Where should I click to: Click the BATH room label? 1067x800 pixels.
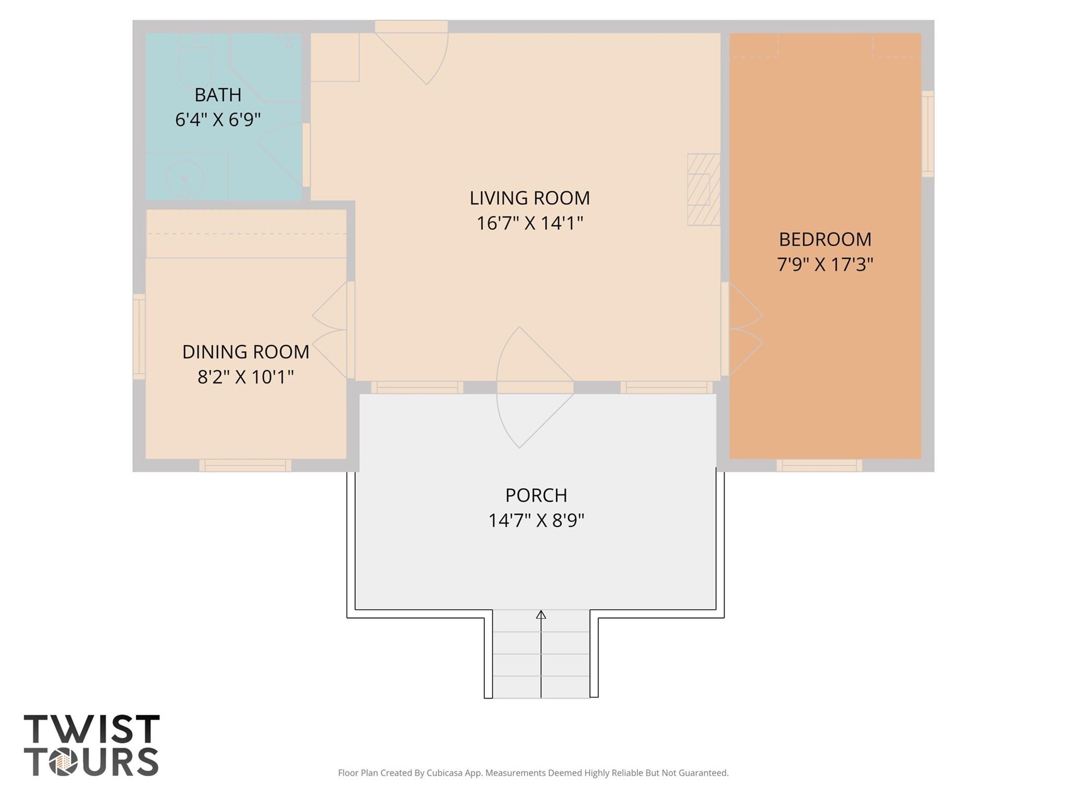coord(218,95)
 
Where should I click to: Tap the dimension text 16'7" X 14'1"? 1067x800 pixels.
coord(530,224)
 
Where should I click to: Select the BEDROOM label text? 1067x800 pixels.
coord(825,239)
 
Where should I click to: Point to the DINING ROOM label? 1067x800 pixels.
coord(246,352)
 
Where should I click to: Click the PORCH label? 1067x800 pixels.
coord(536,495)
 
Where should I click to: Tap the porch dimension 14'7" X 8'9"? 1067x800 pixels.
coord(536,520)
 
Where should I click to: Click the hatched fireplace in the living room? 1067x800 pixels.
coord(703,189)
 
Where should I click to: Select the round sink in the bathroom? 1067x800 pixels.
coord(184,178)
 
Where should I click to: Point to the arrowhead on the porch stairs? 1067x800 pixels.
coord(541,614)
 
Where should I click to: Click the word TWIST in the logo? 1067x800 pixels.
coord(92,729)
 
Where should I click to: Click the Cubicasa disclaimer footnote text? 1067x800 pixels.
coord(533,773)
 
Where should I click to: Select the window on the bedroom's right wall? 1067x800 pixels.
coord(927,133)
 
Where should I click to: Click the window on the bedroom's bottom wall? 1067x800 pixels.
coord(819,465)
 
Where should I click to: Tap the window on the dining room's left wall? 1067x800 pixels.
coord(139,336)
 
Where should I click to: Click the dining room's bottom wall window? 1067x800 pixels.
coord(245,465)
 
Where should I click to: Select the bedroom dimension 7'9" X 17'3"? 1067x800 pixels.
coord(825,265)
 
